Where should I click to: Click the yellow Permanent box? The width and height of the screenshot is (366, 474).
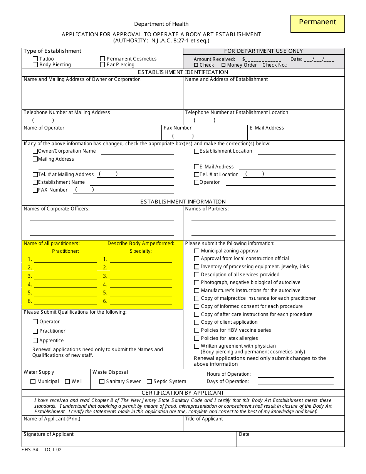pos(317,24)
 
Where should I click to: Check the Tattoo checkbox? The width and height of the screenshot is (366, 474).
pos(35,59)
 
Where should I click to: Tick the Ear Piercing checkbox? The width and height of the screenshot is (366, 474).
pos(102,65)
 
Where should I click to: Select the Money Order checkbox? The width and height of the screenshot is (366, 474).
pos(223,65)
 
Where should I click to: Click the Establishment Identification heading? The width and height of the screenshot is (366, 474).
pos(183,72)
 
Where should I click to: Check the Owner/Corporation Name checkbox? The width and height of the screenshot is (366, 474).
pos(35,151)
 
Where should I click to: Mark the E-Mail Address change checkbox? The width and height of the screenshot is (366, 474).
pos(196,167)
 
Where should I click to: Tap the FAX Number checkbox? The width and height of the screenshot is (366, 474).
pos(35,190)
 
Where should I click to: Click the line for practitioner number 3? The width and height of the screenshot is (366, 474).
pos(65,276)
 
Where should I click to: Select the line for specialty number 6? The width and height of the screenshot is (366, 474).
pos(141,301)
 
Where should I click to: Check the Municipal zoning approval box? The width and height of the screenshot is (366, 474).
pos(197,251)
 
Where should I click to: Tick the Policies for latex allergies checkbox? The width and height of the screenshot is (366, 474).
pos(197,338)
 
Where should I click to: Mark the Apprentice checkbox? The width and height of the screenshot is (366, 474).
pos(35,341)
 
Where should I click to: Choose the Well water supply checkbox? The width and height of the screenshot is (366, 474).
pos(67,382)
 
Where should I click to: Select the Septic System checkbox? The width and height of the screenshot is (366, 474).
pos(149,382)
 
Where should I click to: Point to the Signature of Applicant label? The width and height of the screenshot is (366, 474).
pos(49,434)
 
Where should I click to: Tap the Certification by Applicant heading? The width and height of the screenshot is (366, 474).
pos(183,393)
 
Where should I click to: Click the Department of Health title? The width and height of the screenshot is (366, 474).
pos(161,24)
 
